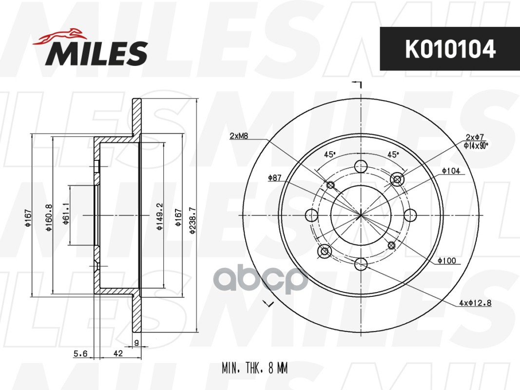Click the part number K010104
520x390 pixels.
pyautogui.click(x=450, y=49)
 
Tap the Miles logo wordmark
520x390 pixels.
pyautogui.click(x=96, y=53)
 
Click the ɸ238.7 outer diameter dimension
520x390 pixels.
pyautogui.click(x=193, y=220)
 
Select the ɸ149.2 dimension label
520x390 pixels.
pyautogui.click(x=160, y=217)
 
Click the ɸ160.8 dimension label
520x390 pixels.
pyautogui.click(x=49, y=217)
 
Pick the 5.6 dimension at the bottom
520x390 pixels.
pyautogui.click(x=80, y=353)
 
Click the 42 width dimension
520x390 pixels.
pyautogui.click(x=118, y=353)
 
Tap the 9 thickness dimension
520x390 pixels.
pyautogui.click(x=136, y=343)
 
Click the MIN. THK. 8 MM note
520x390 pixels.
pyautogui.click(x=255, y=368)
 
